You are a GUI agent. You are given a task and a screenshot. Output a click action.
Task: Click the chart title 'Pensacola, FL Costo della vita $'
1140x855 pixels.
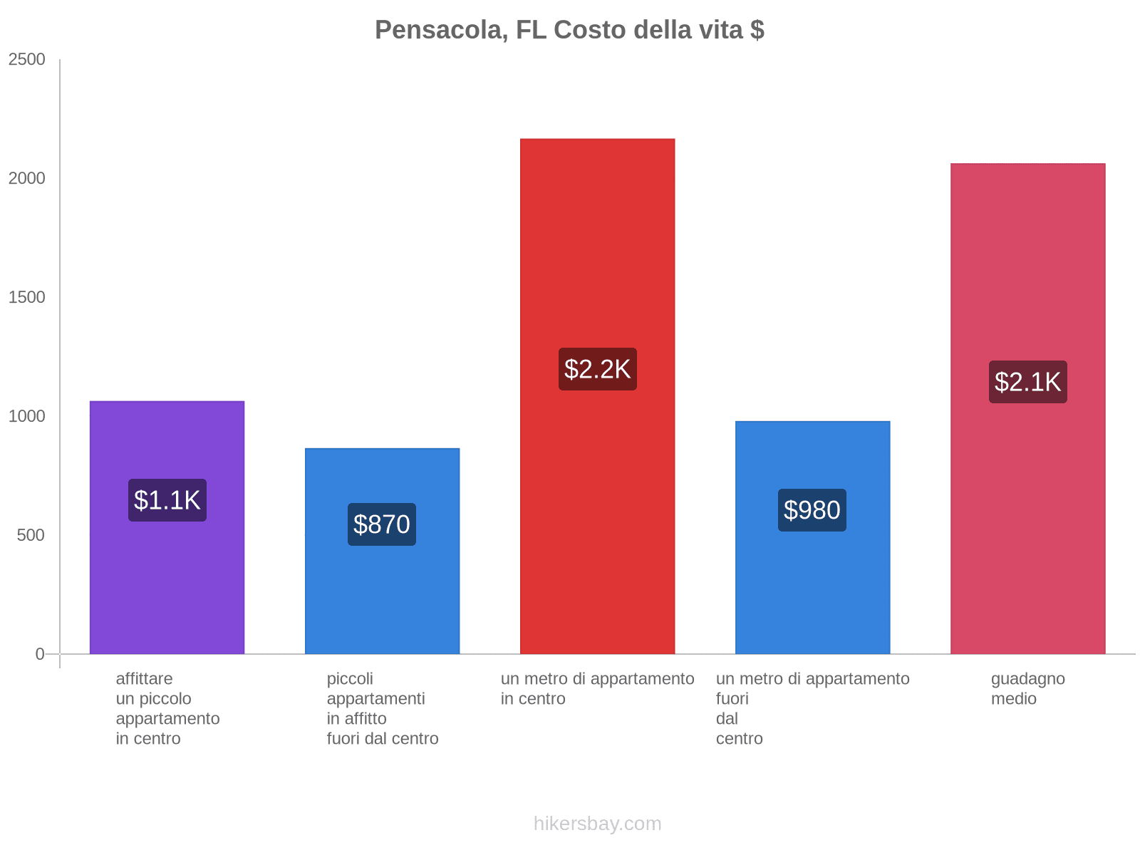click(569, 30)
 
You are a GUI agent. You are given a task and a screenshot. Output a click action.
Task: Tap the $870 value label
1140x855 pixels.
click(381, 524)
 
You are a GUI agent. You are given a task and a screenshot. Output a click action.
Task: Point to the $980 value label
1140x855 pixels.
click(812, 510)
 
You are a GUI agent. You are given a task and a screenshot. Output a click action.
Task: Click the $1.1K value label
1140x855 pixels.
click(167, 500)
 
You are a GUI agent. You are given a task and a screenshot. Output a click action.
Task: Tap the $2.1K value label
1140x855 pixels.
click(1027, 382)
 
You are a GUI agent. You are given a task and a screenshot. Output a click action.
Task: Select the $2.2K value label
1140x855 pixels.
click(597, 369)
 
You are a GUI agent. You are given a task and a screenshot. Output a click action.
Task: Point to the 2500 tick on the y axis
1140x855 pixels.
click(27, 60)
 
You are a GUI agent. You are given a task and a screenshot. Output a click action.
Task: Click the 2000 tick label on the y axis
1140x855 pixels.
click(27, 178)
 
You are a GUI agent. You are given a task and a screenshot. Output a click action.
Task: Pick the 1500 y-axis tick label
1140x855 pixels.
click(27, 297)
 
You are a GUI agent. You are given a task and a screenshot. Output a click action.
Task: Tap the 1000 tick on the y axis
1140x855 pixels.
click(27, 416)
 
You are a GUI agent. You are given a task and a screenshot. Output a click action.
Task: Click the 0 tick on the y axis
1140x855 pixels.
click(40, 654)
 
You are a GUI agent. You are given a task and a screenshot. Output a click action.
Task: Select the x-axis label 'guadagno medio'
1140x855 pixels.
click(1027, 689)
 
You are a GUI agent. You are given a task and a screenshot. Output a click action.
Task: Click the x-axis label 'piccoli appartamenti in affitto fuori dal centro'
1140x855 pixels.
click(382, 708)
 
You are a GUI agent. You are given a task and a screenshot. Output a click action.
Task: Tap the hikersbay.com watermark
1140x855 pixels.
click(597, 824)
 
